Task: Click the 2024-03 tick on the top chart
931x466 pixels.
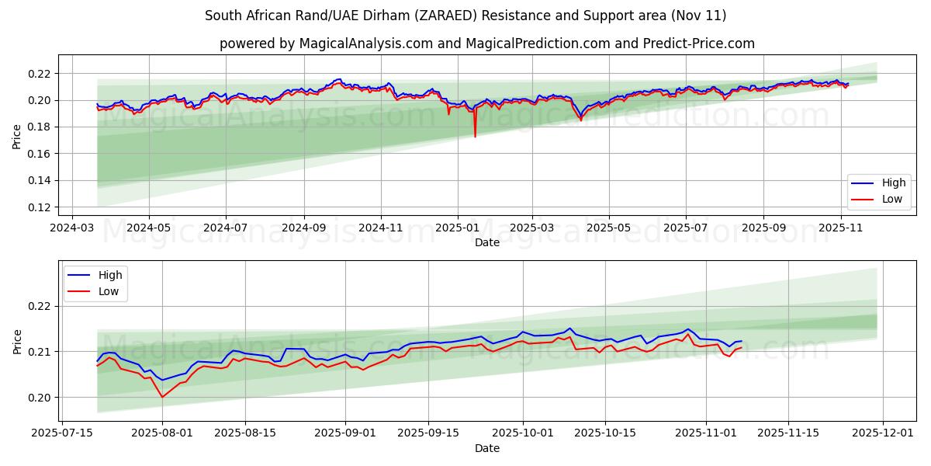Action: (x=72, y=228)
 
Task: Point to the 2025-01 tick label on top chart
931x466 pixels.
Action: (x=457, y=228)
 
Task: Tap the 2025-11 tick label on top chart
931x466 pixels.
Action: (x=841, y=228)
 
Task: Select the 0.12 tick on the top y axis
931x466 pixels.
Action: (x=39, y=207)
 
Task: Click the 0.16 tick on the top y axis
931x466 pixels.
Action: (x=39, y=154)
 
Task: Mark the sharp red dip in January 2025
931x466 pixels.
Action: (x=475, y=137)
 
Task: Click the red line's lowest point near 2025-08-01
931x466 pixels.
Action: (x=162, y=397)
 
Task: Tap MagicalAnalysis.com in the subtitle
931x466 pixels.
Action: (x=365, y=43)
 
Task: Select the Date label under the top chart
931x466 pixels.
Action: (x=487, y=242)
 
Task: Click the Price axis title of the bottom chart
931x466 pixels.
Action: (x=17, y=341)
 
